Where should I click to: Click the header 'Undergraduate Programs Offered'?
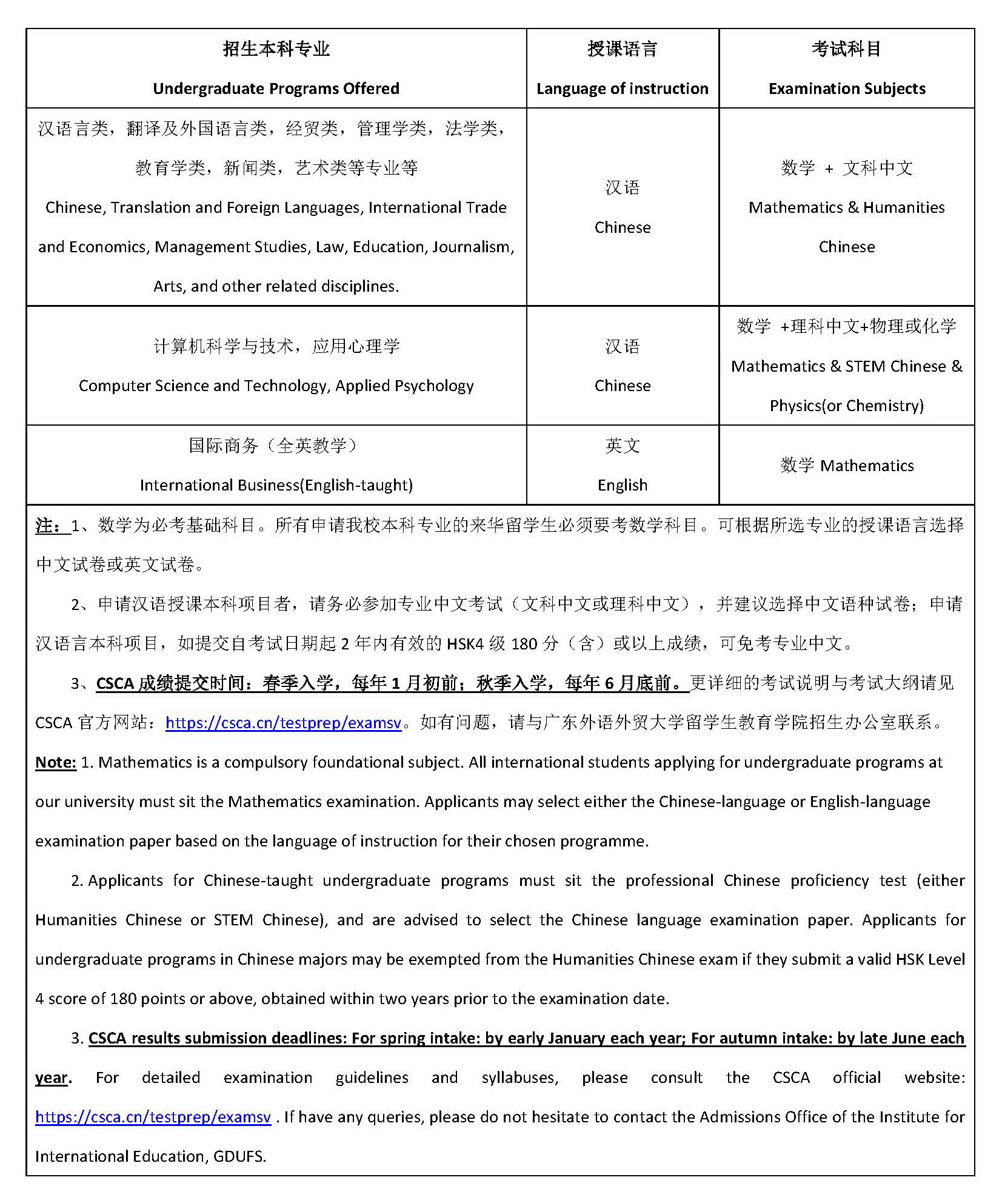click(276, 89)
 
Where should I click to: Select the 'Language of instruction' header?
click(622, 89)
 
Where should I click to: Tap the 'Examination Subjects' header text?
click(847, 89)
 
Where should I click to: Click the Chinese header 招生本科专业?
click(276, 49)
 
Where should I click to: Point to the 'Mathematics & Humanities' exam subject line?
click(846, 207)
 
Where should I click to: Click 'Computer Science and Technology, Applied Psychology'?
click(276, 386)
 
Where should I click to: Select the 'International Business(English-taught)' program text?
click(276, 485)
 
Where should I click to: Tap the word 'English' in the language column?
click(623, 485)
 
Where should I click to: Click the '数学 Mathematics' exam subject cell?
click(847, 466)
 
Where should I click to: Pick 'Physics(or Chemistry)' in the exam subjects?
click(846, 406)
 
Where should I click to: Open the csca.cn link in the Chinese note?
click(283, 723)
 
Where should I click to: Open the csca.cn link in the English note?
click(153, 1117)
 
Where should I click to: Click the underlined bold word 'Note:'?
click(56, 762)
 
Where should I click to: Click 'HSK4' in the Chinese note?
click(465, 644)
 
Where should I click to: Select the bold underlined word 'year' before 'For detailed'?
click(51, 1077)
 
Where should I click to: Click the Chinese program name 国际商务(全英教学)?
click(274, 446)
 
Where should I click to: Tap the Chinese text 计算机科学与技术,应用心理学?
click(276, 346)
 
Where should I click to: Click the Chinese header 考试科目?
click(846, 49)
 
